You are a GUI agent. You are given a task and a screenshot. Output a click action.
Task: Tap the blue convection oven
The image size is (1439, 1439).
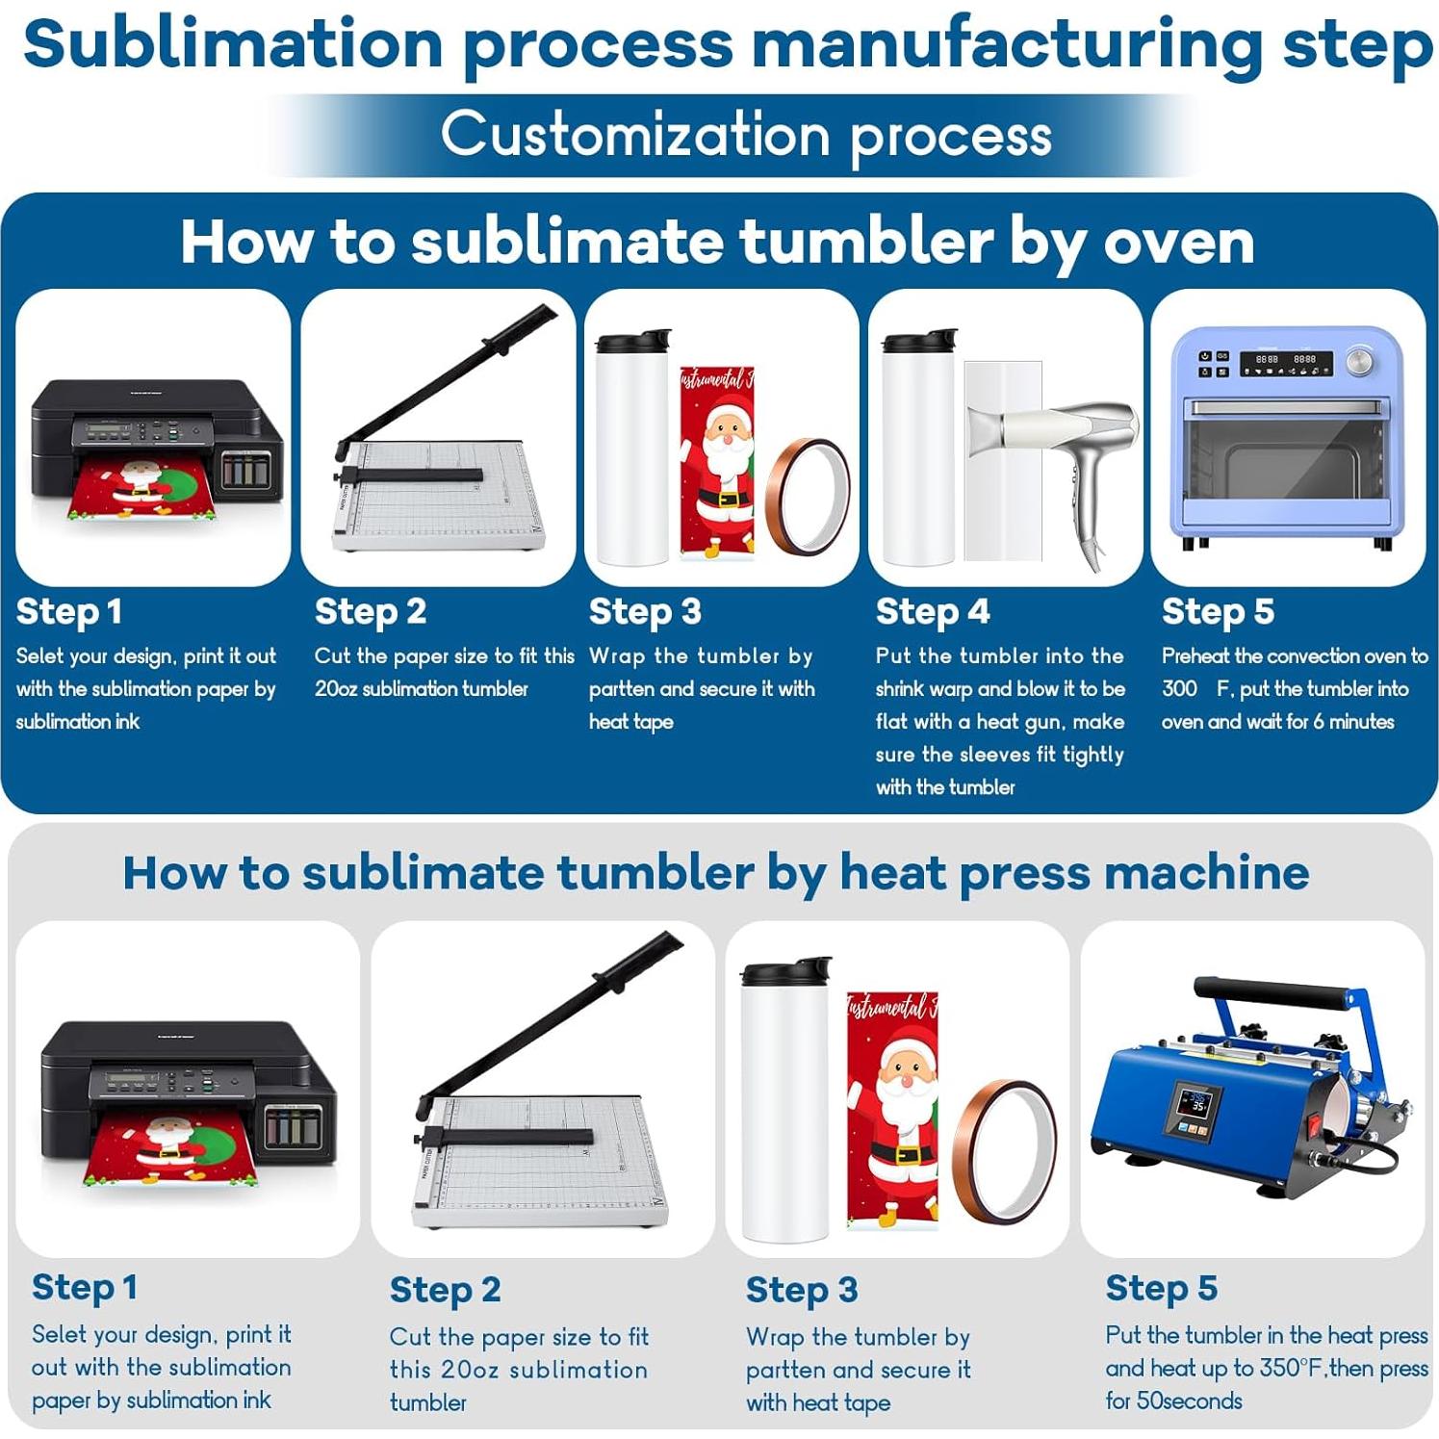[x=1287, y=438]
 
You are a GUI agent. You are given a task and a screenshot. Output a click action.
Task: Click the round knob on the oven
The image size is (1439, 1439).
[x=1359, y=361]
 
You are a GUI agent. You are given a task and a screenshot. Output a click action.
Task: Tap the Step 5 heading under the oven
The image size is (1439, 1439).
[x=1218, y=611]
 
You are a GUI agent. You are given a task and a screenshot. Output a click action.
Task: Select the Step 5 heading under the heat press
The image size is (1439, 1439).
[x=1161, y=1288]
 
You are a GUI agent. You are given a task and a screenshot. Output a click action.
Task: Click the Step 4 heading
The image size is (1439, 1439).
[x=932, y=611]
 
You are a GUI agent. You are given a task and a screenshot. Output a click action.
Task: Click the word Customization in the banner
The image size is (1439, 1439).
[x=635, y=135]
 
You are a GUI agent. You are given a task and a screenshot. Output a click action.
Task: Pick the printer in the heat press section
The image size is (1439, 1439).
[x=188, y=1097]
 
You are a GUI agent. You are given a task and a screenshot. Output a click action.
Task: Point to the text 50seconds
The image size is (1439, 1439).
[x=1190, y=1400]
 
